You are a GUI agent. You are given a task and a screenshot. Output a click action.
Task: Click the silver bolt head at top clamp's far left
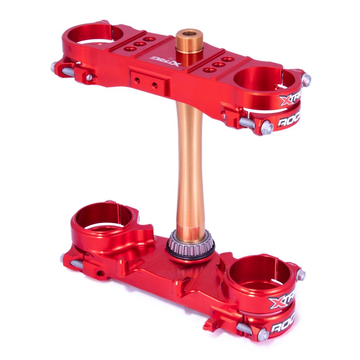54,67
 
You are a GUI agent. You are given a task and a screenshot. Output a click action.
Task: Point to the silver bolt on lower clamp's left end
63,258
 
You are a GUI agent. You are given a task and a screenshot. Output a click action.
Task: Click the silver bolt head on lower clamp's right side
301,274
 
